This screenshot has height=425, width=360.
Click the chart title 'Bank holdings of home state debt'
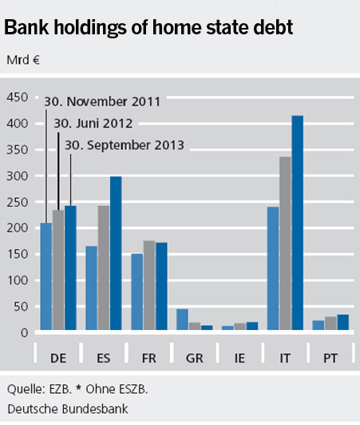(x=148, y=28)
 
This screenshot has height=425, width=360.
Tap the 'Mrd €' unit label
(x=23, y=60)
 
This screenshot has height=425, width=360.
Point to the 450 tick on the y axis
(x=18, y=97)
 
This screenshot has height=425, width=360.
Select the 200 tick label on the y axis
(x=18, y=228)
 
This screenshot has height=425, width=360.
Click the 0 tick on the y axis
(x=24, y=333)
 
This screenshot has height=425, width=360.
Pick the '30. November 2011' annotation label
(x=102, y=101)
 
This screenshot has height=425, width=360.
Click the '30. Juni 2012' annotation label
(x=93, y=124)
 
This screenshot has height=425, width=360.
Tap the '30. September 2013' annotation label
(x=125, y=145)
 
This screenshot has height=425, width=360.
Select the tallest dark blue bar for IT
(x=298, y=223)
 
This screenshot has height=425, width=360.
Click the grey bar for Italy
(x=285, y=244)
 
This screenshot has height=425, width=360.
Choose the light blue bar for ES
(x=91, y=288)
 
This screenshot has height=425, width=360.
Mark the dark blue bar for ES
(x=116, y=253)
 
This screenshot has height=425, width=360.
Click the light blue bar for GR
(x=182, y=320)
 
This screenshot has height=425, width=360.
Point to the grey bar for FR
(x=149, y=285)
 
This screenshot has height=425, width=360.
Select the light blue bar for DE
(x=46, y=276)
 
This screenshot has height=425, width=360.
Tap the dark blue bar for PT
(x=343, y=322)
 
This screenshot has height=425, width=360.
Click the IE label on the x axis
(x=239, y=358)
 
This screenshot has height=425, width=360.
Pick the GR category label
(x=194, y=358)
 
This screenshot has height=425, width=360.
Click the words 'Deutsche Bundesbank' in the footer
(x=68, y=409)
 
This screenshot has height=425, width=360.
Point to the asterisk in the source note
(x=78, y=388)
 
